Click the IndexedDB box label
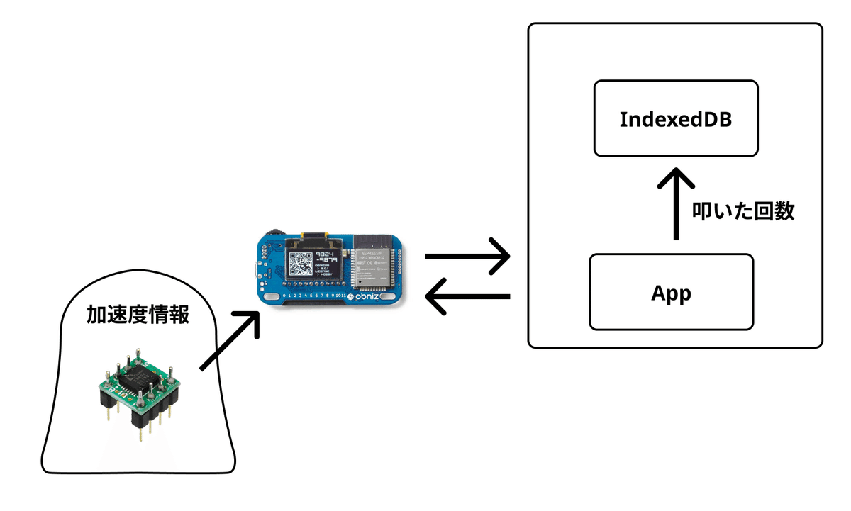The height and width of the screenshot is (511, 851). (x=675, y=118)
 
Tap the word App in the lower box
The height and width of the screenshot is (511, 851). (x=671, y=292)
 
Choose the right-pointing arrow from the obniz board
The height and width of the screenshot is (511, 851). (x=467, y=257)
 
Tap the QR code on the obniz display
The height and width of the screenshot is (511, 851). (x=300, y=264)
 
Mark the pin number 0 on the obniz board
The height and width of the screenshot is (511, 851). (x=284, y=295)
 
